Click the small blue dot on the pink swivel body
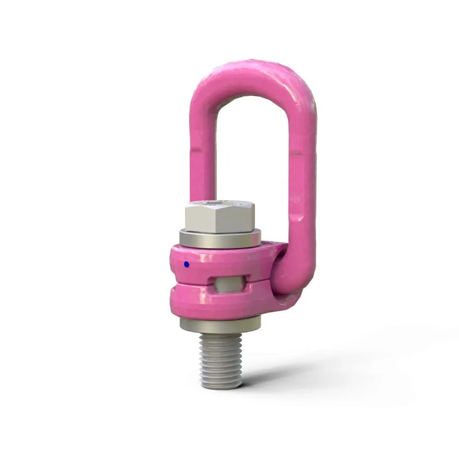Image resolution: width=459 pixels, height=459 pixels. pos(186,264)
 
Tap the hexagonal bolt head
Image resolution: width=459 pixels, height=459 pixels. pos(219,219)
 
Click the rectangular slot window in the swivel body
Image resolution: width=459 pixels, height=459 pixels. pos(228,283)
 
